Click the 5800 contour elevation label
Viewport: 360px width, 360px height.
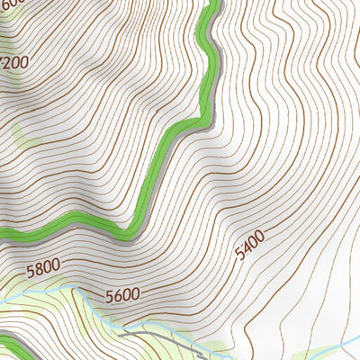[42, 266]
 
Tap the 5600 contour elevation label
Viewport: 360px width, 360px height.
[122, 295]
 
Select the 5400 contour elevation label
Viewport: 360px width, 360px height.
[249, 246]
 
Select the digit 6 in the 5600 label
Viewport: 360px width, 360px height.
[118, 296]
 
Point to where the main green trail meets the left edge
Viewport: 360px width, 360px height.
[3, 236]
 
